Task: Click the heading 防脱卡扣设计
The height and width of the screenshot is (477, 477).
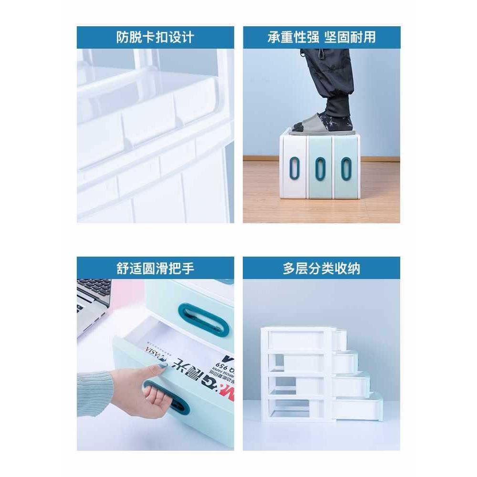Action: (x=155, y=37)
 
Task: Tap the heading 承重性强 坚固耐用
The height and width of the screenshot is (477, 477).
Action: (x=321, y=37)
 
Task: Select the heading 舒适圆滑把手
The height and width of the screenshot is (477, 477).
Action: (x=155, y=268)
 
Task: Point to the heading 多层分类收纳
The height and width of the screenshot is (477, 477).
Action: (x=321, y=268)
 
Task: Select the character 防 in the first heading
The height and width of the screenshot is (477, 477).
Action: (x=123, y=37)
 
